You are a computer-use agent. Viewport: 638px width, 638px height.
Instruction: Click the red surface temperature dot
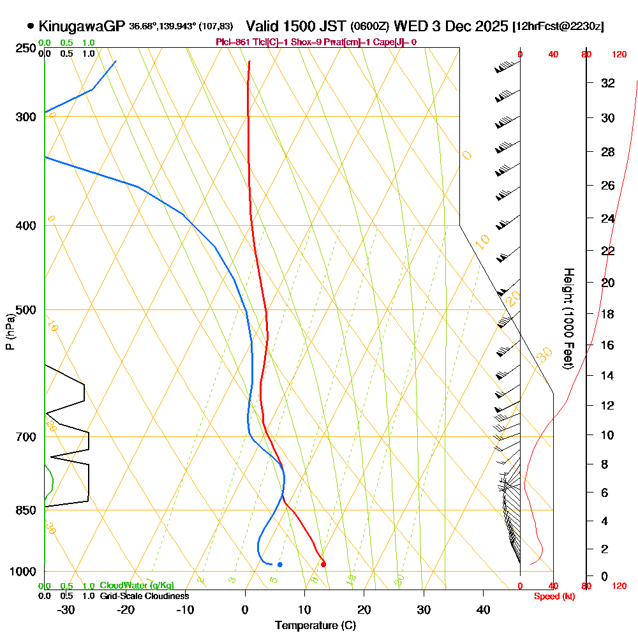coord(323,564)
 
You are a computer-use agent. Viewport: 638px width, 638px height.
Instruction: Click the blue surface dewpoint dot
coord(279,564)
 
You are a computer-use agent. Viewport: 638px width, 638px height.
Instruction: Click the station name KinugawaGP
coord(82,26)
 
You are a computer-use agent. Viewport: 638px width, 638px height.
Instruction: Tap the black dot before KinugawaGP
coord(31,26)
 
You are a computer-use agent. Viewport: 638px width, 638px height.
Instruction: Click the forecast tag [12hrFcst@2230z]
coord(558,26)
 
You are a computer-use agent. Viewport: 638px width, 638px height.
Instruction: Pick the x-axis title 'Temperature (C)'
coord(315,625)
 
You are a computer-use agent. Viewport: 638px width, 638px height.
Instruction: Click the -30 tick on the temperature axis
coord(66,610)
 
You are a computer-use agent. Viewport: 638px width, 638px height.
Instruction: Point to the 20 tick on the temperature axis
coord(364,610)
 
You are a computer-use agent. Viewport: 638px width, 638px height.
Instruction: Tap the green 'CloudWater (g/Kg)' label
coord(137,586)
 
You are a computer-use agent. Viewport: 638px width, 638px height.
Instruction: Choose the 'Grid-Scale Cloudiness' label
coord(144,596)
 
